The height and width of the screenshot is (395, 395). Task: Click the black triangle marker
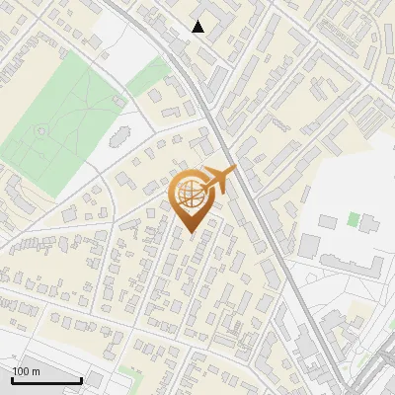198,27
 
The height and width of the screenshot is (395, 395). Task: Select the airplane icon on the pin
218,179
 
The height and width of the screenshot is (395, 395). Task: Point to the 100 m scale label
26,371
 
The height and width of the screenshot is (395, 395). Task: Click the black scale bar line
45,380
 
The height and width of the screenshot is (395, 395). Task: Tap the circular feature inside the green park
40,130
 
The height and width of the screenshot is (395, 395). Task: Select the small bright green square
354,218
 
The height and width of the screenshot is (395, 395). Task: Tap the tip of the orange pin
192,233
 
